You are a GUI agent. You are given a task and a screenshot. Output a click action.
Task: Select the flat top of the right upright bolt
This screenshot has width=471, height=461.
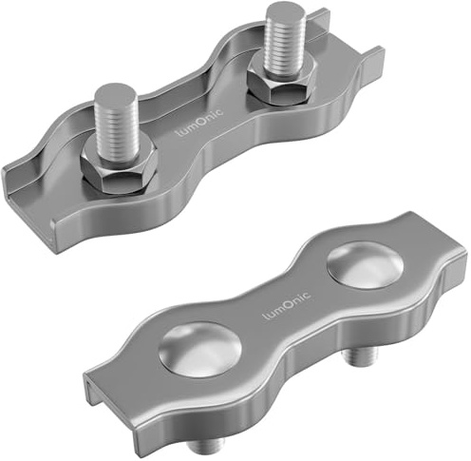click(286, 10)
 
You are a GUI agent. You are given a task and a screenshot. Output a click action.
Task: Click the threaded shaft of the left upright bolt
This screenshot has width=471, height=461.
click(117, 126)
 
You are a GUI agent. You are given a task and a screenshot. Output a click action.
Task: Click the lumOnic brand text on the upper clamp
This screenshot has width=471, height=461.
click(199, 122)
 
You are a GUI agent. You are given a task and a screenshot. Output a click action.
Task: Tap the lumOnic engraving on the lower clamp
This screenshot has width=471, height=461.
click(287, 305)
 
